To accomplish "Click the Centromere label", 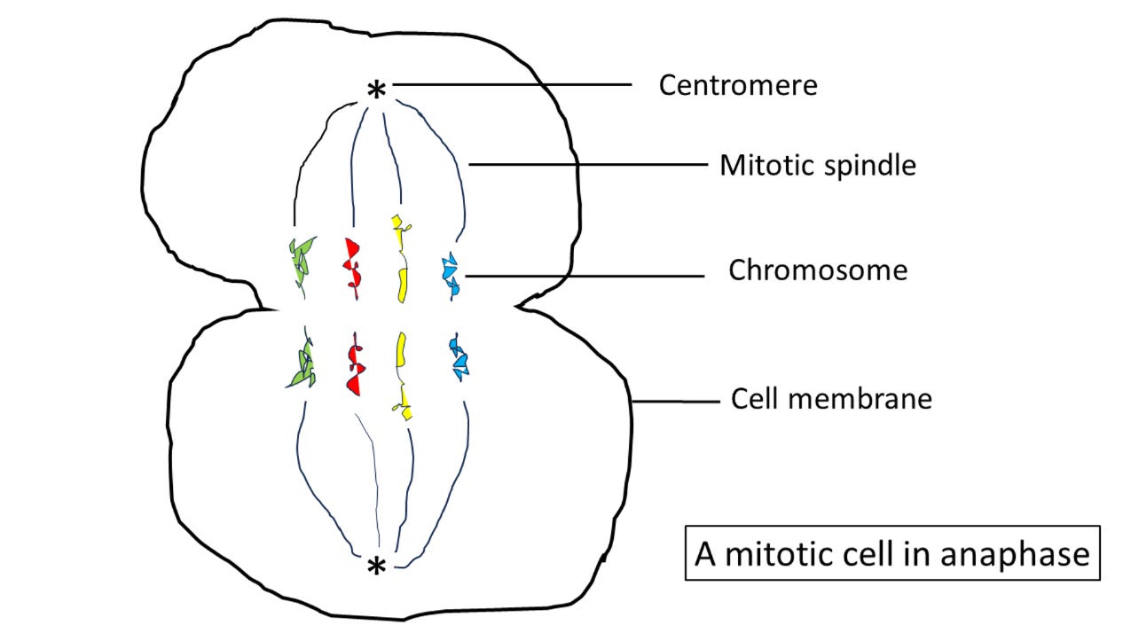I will pos(737,86).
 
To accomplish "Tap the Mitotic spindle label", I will pos(817,165).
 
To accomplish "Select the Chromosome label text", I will pos(817,270).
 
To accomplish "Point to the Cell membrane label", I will pos(831,399).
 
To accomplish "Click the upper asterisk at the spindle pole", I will pos(377,90).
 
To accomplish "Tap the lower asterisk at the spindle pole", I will pos(377,566).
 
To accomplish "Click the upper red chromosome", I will pos(352,263).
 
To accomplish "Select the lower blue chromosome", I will pos(458,358).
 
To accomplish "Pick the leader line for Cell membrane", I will pos(674,402).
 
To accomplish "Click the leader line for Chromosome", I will pos(585,277).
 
